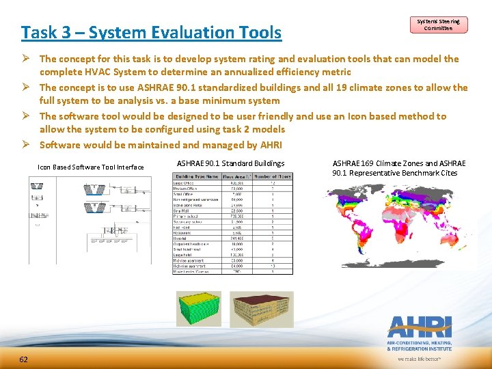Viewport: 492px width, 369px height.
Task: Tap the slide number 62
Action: tap(24, 359)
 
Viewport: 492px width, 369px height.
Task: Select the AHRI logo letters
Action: tap(420, 326)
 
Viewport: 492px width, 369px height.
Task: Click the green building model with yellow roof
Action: tap(199, 308)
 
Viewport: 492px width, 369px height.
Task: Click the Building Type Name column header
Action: tap(197, 177)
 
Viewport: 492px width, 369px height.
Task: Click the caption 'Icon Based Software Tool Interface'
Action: tap(91, 167)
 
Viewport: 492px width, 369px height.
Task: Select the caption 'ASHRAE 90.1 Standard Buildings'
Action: tap(230, 163)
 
